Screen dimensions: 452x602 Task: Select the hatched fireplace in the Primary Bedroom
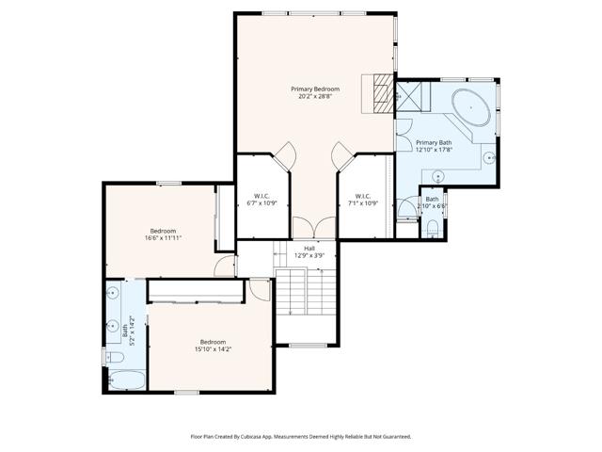[x=381, y=93]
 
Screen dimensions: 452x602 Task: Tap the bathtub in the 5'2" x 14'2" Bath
[x=124, y=380]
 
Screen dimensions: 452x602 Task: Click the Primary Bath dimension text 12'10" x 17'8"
[x=434, y=149]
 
